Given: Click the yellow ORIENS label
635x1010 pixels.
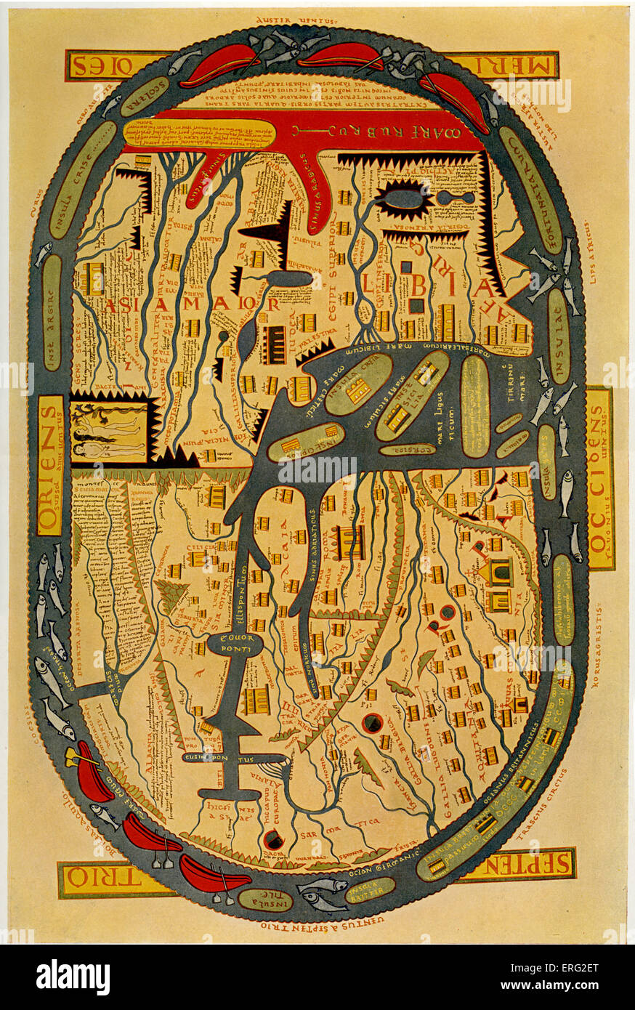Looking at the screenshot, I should pyautogui.click(x=50, y=465).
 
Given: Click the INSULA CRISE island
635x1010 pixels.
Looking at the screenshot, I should pyautogui.click(x=85, y=180).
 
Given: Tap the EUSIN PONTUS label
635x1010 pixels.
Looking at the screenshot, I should pyautogui.click(x=229, y=758).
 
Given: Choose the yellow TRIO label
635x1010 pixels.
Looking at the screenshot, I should pyautogui.click(x=116, y=879).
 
